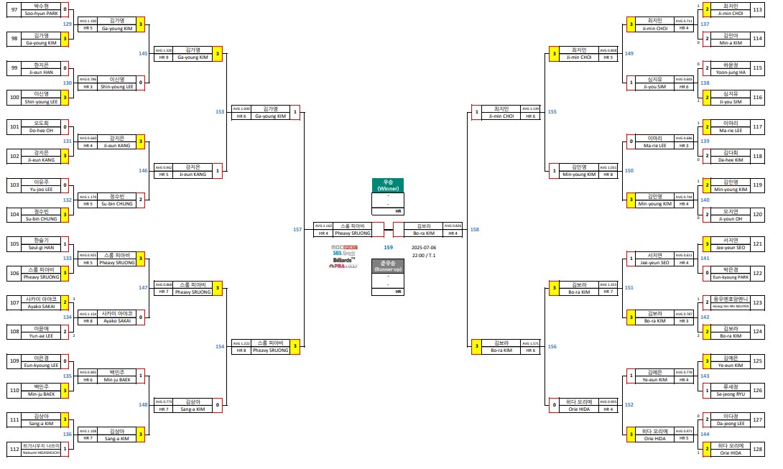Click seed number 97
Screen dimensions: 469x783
click(14, 10)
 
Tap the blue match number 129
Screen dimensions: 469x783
click(67, 24)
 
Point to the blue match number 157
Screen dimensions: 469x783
click(297, 229)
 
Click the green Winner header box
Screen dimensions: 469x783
click(388, 185)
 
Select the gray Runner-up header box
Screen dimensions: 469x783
click(388, 265)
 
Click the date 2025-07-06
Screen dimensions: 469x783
click(424, 247)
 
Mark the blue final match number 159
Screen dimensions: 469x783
click(388, 247)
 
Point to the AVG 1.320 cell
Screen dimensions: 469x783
click(163, 50)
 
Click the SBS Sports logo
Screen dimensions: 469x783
click(344, 253)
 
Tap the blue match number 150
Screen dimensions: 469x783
click(629, 170)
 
